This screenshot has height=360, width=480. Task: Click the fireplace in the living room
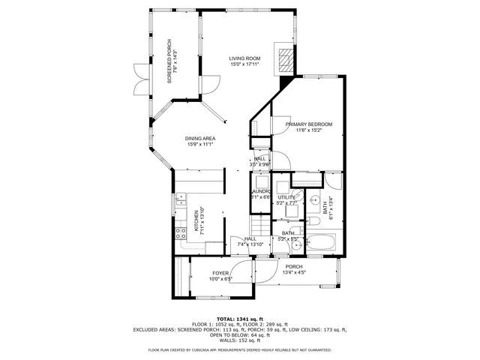tap(285, 61)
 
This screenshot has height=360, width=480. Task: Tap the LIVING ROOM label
tap(244, 58)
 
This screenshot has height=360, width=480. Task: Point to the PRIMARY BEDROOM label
tap(308, 124)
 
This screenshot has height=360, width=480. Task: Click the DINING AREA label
tap(200, 138)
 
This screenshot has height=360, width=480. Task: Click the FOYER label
tap(220, 273)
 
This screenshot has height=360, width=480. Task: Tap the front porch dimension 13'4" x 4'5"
tap(294, 273)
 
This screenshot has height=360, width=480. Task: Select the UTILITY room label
tap(287, 196)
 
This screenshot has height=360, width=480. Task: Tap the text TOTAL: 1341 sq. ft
tap(240, 318)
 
